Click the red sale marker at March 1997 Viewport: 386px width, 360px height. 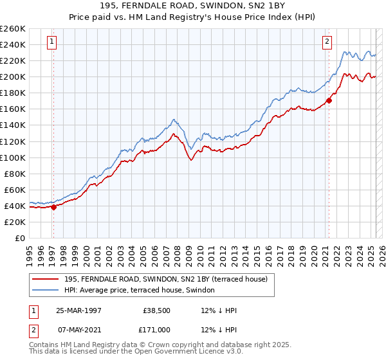[53, 207]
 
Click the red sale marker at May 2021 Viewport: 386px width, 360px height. [329, 100]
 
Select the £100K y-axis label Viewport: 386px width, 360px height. [13, 157]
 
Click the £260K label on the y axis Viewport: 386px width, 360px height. [13, 28]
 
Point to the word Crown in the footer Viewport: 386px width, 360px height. [172, 345]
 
